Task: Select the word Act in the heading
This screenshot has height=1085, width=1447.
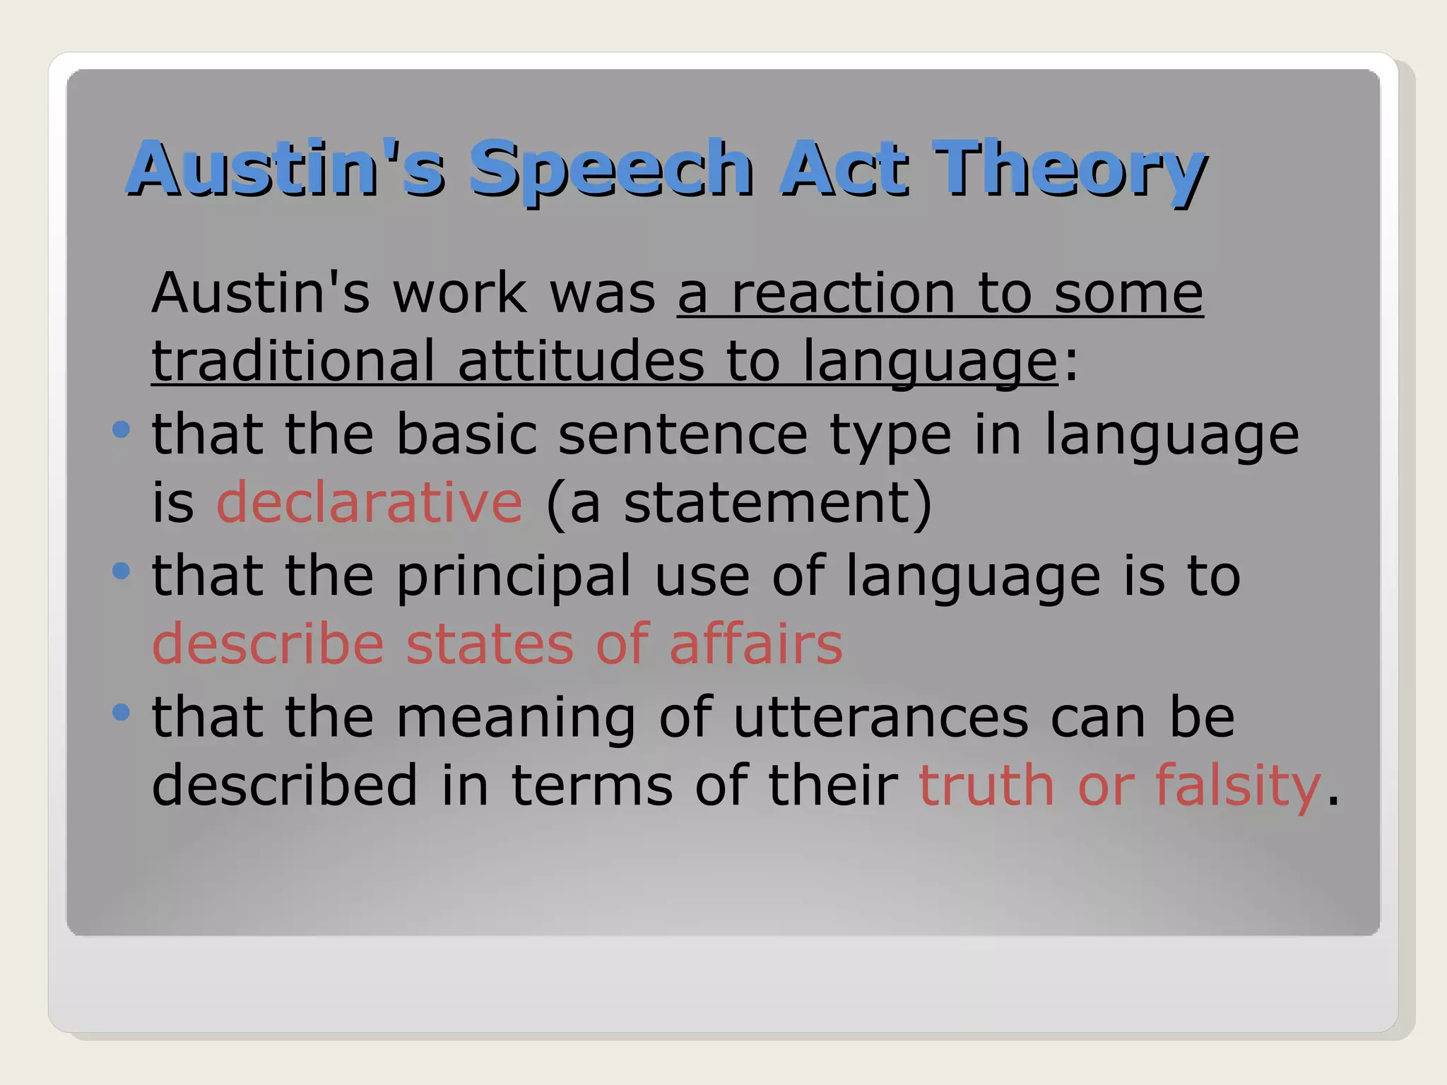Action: (842, 168)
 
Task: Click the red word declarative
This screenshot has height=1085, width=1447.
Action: (369, 502)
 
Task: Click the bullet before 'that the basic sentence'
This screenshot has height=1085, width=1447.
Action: (122, 429)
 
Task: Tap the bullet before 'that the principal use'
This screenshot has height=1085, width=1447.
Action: (122, 570)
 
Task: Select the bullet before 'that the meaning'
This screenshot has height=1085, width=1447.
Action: (122, 711)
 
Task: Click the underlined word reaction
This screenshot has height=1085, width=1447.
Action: (842, 294)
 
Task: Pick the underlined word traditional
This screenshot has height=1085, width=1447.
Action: (293, 361)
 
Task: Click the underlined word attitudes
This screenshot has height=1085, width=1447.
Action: (581, 361)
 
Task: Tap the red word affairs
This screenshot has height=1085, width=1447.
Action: (756, 644)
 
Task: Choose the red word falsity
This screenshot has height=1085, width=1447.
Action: (1237, 785)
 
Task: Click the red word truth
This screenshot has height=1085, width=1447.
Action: (986, 785)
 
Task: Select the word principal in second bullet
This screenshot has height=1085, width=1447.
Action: (514, 576)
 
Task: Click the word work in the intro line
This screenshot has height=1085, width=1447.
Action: (459, 294)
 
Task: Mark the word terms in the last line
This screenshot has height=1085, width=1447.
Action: (591, 786)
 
